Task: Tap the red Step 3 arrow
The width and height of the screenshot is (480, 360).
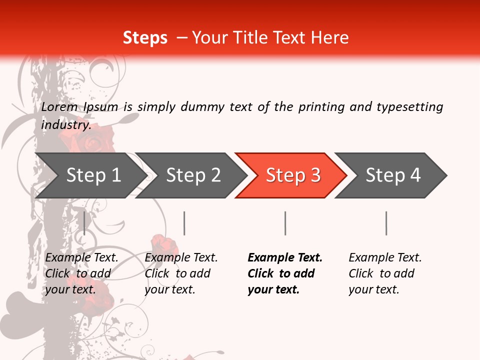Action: (x=293, y=175)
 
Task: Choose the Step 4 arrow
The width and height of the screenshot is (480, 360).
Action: (x=393, y=175)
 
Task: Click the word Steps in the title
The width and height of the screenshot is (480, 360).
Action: (x=145, y=38)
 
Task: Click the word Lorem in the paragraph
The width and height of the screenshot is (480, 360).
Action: (x=59, y=107)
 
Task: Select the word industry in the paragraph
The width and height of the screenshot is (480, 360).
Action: (x=66, y=125)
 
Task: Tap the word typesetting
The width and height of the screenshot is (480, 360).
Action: (x=409, y=107)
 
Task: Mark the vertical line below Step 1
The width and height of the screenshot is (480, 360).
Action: (x=84, y=223)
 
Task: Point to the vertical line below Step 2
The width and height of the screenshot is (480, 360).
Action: (x=184, y=223)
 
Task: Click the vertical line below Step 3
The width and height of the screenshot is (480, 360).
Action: (x=285, y=223)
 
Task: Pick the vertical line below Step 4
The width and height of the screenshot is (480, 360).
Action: (x=386, y=223)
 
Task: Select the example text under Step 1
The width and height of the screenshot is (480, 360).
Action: (x=81, y=273)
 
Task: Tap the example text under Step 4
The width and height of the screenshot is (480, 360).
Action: (x=385, y=273)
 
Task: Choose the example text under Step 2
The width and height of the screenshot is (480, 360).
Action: (x=181, y=273)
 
